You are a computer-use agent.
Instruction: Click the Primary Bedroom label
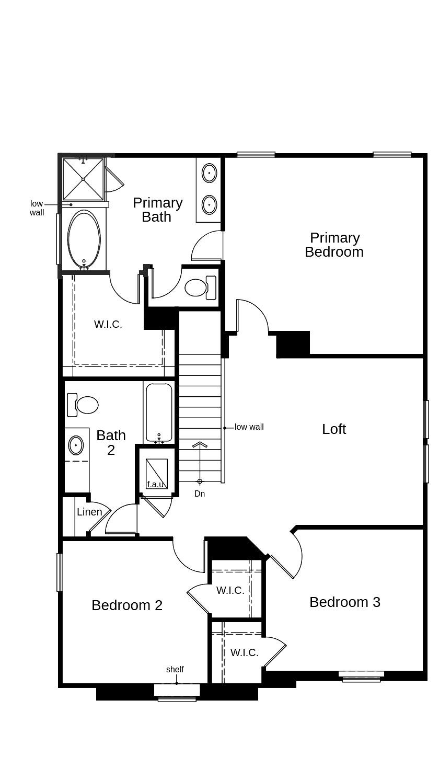tap(334, 245)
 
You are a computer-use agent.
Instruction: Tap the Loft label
tap(334, 429)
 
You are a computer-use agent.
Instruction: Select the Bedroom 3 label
tap(345, 602)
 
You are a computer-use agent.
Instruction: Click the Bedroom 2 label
tap(127, 605)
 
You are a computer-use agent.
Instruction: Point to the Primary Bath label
tap(157, 210)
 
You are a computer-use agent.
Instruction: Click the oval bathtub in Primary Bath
tap(84, 239)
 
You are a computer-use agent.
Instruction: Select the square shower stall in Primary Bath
tap(83, 179)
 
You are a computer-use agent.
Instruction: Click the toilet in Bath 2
tap(84, 405)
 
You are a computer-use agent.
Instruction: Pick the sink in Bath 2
tap(76, 445)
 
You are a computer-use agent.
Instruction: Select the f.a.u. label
tap(156, 485)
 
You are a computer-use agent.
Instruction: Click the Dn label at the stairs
tap(200, 494)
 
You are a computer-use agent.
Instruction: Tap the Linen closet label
tap(89, 512)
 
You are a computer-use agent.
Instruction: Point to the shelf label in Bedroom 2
tap(175, 670)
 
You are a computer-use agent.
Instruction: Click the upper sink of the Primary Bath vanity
tap(209, 172)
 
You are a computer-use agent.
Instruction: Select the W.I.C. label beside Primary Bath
tap(108, 324)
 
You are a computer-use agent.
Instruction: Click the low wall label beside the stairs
tap(249, 427)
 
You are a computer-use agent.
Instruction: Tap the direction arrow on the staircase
tap(200, 445)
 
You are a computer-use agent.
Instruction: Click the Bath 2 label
tap(111, 442)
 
